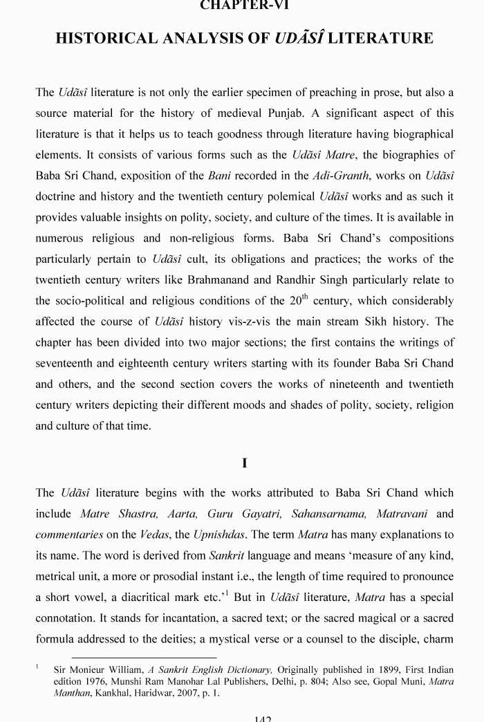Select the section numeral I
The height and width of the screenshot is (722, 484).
pyautogui.click(x=245, y=463)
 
